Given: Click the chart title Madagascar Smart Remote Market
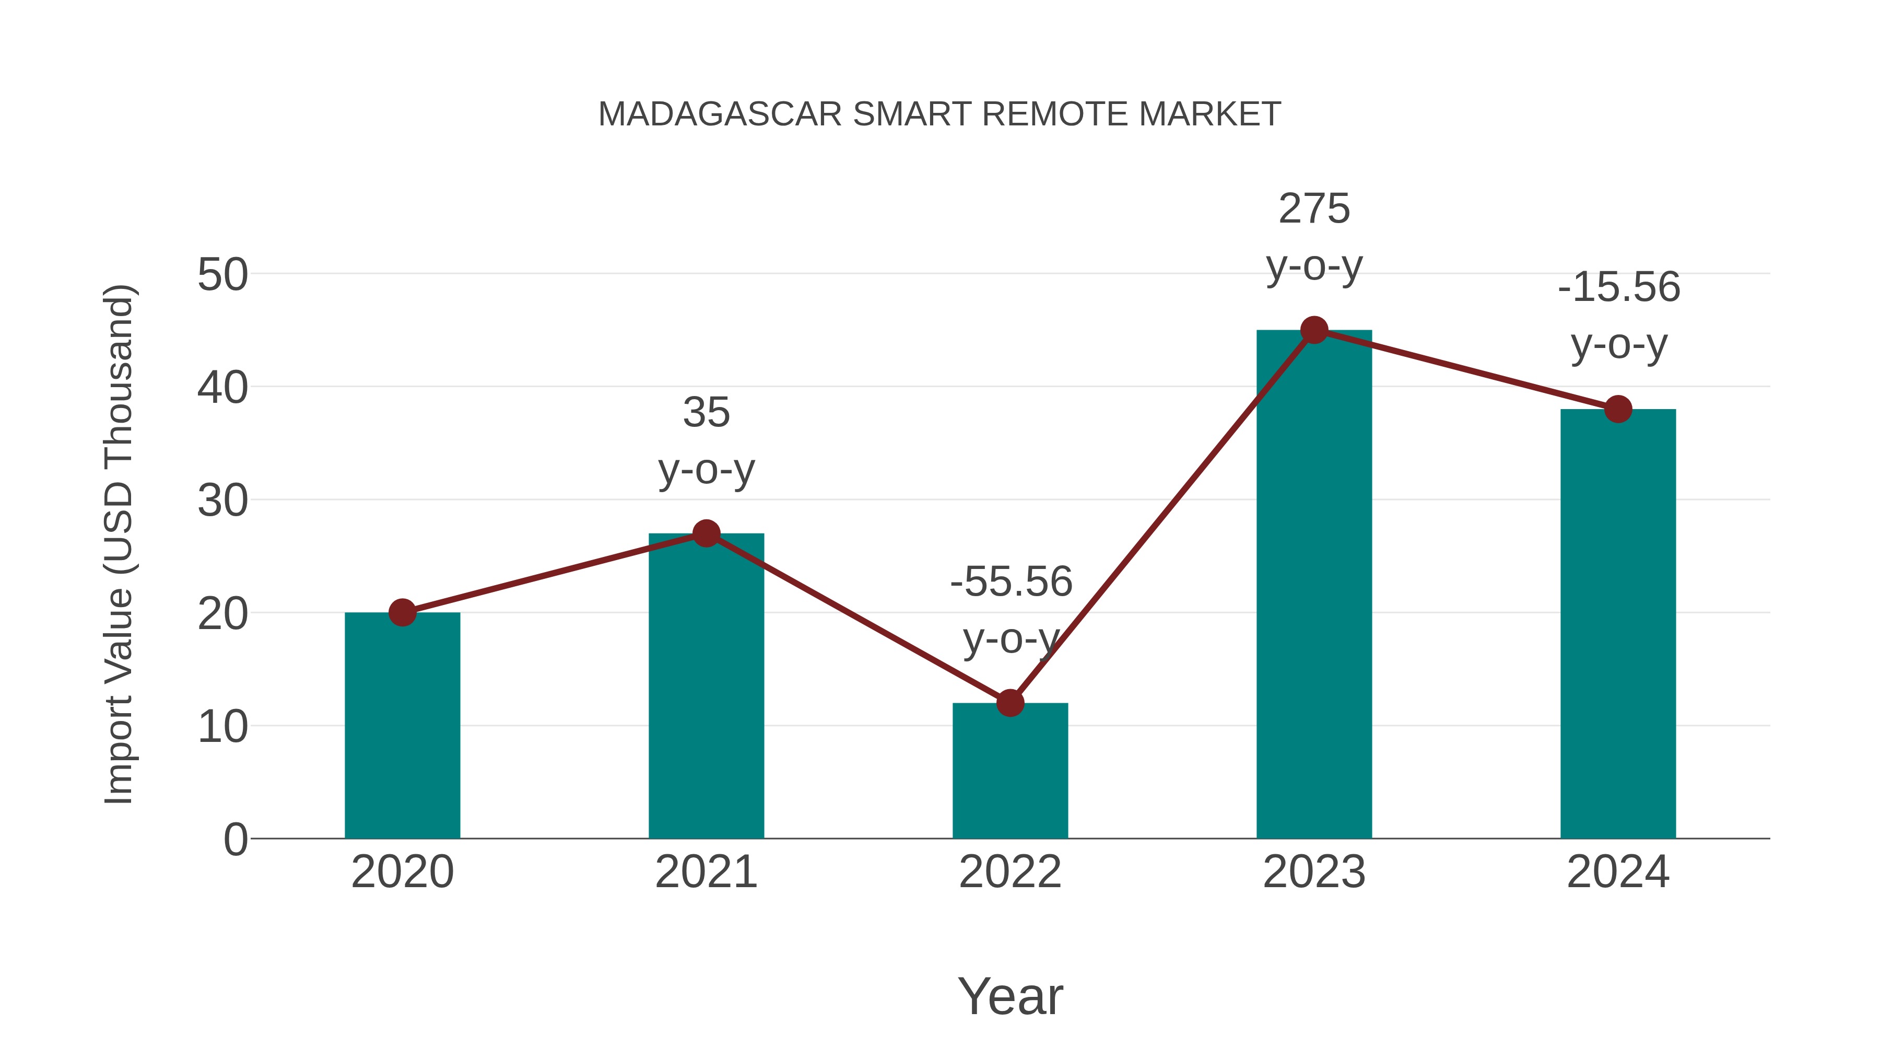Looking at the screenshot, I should (939, 114).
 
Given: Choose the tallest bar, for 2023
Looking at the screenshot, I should (1314, 584).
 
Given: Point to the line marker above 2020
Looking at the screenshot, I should (402, 613).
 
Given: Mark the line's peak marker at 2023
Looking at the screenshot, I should (1314, 330).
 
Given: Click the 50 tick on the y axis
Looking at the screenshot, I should (222, 275).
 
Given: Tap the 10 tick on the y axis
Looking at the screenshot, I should (222, 727).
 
